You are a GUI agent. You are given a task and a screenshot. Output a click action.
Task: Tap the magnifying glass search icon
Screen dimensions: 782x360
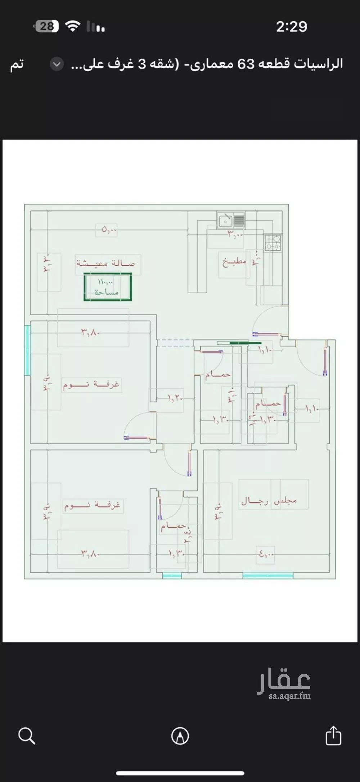pos(27,736)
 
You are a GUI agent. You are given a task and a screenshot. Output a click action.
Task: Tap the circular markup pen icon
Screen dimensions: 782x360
pos(180,736)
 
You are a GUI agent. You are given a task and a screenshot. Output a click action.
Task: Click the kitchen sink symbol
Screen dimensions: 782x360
pos(225,220)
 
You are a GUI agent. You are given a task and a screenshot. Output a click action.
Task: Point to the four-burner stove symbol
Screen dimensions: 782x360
pos(273,243)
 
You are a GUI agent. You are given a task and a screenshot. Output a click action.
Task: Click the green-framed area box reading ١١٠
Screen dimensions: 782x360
pos(108,287)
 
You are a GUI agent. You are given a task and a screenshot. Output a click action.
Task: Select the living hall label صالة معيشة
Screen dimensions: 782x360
pos(106,263)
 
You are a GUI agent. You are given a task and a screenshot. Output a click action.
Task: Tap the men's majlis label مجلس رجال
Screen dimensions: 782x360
pos(269,501)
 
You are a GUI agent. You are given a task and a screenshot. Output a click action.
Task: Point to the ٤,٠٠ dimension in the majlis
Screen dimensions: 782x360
pos(266,555)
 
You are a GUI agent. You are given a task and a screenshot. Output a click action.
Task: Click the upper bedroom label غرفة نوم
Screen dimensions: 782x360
pos(91,385)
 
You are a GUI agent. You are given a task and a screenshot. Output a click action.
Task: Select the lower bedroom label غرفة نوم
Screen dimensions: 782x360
pos(92,505)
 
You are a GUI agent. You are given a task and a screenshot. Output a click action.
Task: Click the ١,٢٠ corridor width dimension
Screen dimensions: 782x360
pos(175,398)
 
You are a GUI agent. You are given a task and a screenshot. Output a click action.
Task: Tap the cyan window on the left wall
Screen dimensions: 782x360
pos(27,350)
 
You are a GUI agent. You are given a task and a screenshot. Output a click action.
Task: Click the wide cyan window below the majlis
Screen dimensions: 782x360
pos(268,576)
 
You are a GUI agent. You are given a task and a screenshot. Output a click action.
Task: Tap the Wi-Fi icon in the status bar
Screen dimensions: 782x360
pos(73,26)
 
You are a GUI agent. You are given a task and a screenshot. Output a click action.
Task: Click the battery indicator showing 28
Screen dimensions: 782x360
pos(46,26)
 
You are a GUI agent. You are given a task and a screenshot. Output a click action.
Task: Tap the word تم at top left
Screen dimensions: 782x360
pos(17,64)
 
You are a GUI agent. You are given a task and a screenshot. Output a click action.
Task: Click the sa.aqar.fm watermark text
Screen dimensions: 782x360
pos(289,696)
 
